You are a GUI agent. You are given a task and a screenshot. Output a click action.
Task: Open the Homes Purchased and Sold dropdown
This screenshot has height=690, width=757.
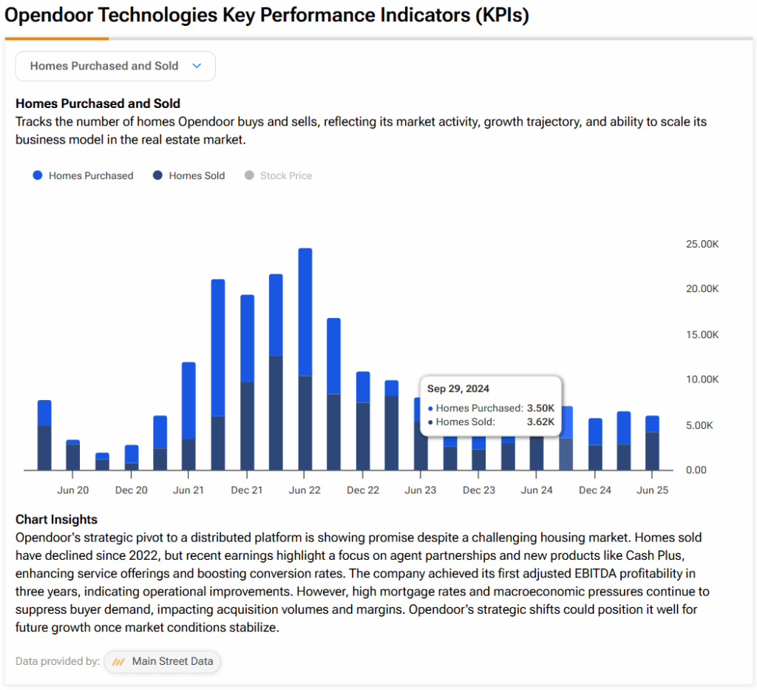point(115,66)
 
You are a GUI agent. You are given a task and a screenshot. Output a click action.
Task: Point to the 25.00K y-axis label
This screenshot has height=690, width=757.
point(702,244)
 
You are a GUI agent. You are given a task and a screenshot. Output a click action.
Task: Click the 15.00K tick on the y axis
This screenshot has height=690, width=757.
point(702,334)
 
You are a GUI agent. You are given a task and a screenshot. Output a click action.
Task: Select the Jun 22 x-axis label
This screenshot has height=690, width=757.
point(305,490)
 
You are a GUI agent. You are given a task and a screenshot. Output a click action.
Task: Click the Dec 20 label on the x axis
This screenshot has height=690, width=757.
point(132,490)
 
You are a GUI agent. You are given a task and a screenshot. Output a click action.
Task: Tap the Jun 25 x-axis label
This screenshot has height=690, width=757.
point(652,490)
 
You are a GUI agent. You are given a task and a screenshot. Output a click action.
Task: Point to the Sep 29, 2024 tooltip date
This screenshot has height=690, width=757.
point(458,389)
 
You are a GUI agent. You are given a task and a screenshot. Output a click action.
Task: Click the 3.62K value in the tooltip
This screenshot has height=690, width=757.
point(540,422)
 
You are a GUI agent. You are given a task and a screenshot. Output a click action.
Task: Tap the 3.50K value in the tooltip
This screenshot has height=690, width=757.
point(540,408)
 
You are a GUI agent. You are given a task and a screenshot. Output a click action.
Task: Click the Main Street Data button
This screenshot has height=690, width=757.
point(162,662)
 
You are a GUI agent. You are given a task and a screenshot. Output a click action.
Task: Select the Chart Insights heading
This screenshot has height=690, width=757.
point(56,520)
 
